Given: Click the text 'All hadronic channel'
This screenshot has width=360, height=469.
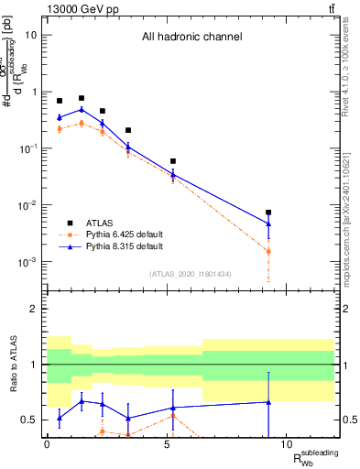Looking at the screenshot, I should click(x=191, y=38).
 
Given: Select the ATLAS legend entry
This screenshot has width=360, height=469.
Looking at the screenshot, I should click(x=99, y=222).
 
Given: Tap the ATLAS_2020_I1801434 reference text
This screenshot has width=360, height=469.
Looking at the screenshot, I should click(x=191, y=274).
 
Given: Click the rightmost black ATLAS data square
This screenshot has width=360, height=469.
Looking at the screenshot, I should click(x=268, y=213).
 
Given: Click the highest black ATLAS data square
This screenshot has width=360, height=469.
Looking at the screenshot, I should click(x=82, y=98).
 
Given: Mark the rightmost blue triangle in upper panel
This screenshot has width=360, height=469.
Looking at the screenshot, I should click(x=268, y=223).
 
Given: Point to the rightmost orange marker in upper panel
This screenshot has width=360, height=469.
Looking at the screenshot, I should click(x=268, y=250).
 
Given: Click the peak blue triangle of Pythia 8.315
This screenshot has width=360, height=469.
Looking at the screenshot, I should click(x=82, y=109).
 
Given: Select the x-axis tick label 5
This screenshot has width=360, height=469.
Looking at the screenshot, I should click(x=166, y=444).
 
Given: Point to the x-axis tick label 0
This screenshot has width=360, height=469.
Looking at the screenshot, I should click(x=47, y=444).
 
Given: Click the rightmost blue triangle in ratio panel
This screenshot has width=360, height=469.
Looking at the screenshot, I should click(x=268, y=402).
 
